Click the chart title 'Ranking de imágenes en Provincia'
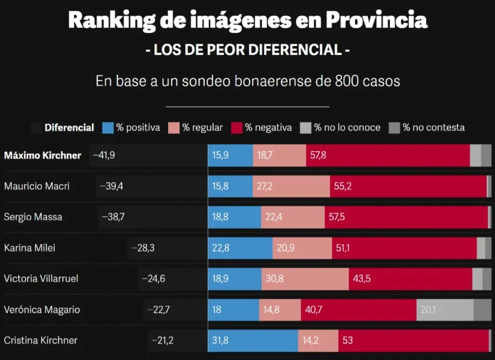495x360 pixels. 247,20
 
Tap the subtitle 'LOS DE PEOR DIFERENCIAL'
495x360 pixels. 247,50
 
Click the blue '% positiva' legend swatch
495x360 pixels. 108,127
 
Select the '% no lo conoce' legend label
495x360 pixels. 347,127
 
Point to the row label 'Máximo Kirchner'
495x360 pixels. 42,155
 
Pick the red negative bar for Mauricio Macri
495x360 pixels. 408,186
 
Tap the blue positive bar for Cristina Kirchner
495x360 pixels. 253,340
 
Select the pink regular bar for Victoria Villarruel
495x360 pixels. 305,278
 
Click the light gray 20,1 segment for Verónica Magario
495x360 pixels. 445,309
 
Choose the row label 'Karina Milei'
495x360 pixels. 30,248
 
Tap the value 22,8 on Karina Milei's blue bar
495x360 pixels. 220,248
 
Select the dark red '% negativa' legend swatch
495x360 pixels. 237,127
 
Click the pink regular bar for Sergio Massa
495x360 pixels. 292,217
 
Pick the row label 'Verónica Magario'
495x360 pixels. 42,309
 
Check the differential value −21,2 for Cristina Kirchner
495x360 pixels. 162,340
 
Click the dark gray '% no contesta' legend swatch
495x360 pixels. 395,127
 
